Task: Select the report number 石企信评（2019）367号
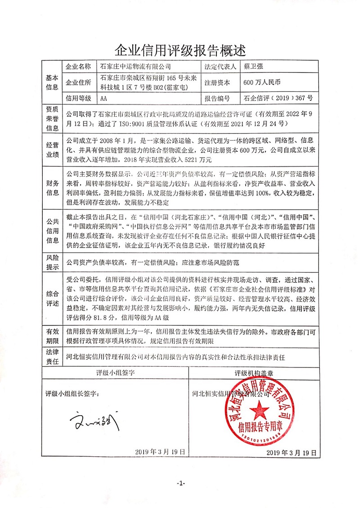[278, 98]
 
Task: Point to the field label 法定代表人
[220, 66]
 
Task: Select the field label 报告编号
[217, 98]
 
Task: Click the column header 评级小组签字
[116, 373]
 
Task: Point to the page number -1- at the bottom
[181, 483]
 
